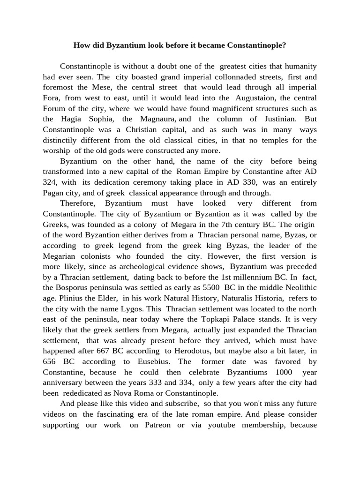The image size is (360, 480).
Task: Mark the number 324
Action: click(51, 182)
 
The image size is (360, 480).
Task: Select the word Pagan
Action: click(54, 192)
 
